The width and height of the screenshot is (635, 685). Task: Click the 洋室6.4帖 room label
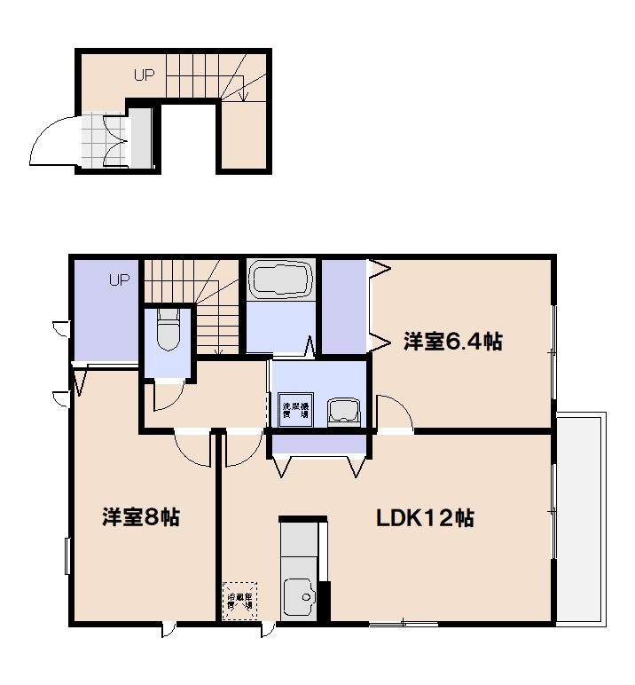tap(453, 341)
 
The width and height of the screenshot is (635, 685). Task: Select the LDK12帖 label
tap(425, 517)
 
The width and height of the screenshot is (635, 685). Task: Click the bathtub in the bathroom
tap(280, 280)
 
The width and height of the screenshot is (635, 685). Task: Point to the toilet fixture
tap(168, 330)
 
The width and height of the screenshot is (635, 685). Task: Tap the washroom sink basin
tap(343, 411)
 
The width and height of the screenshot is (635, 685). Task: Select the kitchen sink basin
tap(300, 596)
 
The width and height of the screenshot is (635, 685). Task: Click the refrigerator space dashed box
tap(239, 600)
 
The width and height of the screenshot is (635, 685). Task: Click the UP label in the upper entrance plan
tap(145, 75)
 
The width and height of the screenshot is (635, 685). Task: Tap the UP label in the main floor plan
tap(120, 280)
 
